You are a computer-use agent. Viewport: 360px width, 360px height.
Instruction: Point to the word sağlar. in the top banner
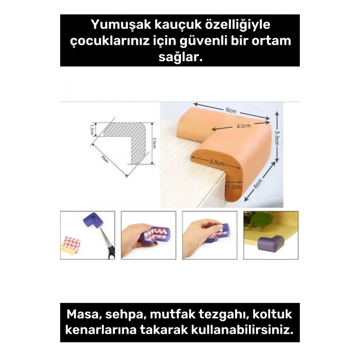point(179,58)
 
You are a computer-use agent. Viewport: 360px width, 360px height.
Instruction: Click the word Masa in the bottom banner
point(84,314)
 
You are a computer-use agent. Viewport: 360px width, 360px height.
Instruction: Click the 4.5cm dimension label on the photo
point(243,126)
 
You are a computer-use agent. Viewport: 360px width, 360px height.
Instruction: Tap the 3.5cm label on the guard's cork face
point(216,163)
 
